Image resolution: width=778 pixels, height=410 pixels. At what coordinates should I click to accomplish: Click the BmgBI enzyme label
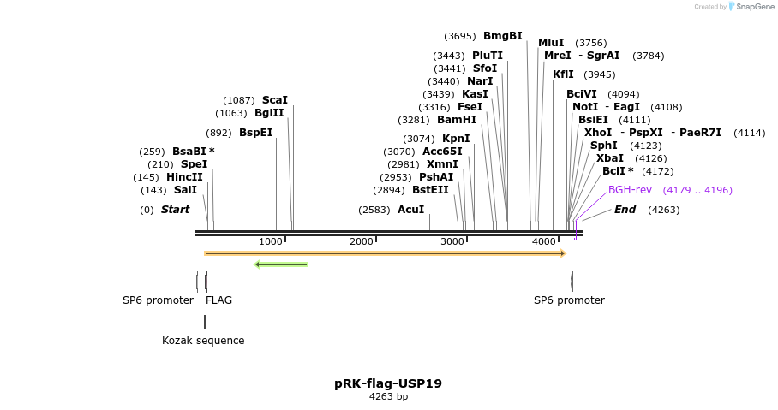502,36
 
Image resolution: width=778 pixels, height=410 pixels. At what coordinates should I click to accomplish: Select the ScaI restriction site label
274,100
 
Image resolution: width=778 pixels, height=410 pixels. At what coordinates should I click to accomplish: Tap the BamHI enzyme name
457,120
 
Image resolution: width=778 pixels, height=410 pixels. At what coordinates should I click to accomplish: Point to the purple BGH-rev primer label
630,190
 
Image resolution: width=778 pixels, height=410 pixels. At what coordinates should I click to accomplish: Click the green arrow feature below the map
281,264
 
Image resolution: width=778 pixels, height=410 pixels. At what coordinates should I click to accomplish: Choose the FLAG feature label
218,300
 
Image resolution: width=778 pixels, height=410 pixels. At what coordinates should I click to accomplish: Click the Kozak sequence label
203,341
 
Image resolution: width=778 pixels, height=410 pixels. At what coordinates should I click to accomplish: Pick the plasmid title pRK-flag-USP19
388,383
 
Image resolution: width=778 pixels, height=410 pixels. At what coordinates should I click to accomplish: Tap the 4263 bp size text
388,397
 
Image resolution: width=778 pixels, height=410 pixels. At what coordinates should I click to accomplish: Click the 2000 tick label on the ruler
362,242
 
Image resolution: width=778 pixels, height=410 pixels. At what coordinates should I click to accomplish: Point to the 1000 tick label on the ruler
271,242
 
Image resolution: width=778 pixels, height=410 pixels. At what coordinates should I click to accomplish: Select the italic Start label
175,210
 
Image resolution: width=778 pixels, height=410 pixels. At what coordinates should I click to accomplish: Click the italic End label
625,210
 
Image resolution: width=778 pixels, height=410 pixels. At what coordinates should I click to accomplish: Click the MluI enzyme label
551,43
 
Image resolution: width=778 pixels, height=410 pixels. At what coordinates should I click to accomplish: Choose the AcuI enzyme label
410,210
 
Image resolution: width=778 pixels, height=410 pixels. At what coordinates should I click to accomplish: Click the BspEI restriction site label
255,133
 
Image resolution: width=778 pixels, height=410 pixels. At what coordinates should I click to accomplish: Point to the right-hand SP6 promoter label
569,300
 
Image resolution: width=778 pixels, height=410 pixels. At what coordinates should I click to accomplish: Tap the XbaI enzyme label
610,158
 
